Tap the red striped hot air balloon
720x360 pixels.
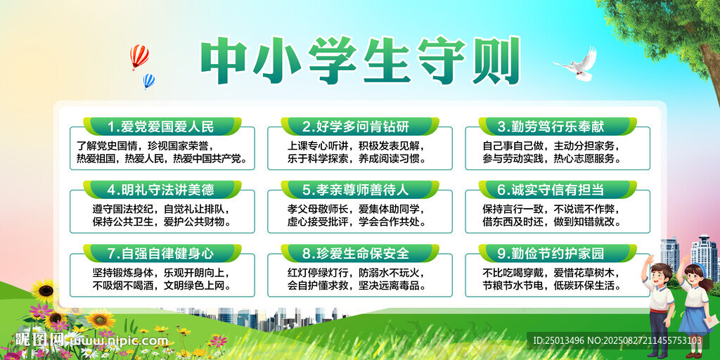pos(139,56)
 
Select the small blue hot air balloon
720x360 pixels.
pos(149,81)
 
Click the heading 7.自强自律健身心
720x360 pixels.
pos(161,253)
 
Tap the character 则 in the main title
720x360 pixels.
pos(496,60)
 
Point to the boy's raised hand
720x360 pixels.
pos(648,260)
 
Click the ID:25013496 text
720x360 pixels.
pos(558,341)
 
